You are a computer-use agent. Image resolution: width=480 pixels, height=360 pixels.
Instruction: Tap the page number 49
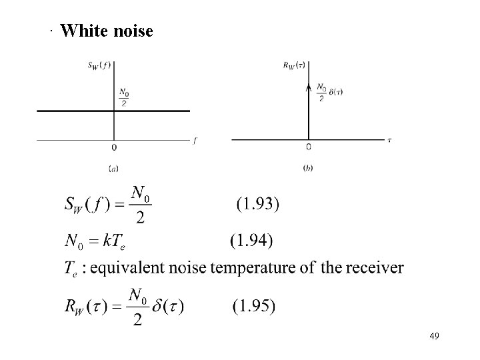click(x=434, y=335)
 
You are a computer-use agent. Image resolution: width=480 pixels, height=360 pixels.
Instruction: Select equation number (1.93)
click(x=259, y=204)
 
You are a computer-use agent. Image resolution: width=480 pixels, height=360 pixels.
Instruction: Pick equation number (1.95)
click(x=254, y=307)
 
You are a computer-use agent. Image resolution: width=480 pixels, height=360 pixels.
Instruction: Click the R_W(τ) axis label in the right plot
click(x=294, y=65)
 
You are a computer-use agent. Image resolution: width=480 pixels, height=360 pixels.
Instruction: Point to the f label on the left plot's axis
click(x=196, y=141)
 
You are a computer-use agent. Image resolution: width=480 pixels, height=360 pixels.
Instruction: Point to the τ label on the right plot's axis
click(x=389, y=140)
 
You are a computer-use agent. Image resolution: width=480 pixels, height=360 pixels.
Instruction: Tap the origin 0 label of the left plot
click(x=114, y=147)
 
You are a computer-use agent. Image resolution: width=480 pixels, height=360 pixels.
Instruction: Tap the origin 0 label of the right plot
click(x=309, y=147)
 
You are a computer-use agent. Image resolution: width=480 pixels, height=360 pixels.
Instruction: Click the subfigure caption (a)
click(x=113, y=168)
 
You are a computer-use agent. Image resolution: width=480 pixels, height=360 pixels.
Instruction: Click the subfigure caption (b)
click(x=308, y=168)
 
